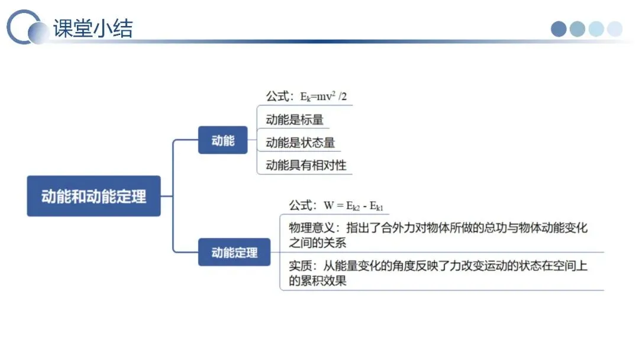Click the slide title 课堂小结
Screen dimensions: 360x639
93,28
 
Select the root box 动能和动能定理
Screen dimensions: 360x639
93,196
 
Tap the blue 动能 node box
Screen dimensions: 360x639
223,140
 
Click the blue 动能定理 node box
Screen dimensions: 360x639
234,252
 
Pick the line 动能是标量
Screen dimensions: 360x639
295,120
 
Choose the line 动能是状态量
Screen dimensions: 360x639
300,142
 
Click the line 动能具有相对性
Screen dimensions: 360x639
305,165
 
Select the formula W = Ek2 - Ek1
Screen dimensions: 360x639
353,206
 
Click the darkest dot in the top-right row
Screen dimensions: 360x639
559,29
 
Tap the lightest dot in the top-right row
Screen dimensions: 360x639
615,29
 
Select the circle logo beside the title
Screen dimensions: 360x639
27,28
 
